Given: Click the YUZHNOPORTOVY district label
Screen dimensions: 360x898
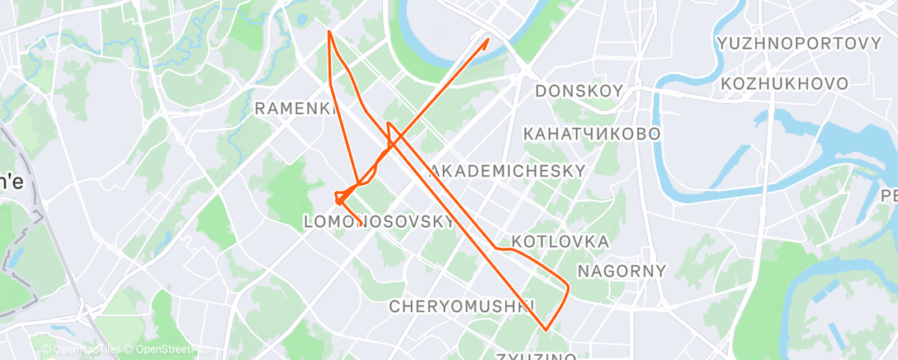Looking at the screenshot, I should click(799, 44).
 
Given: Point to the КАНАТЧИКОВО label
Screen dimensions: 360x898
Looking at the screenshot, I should click(592, 133).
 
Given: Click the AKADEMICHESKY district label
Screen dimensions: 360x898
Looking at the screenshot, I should click(508, 171).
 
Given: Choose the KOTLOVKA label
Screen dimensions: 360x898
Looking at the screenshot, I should click(560, 242).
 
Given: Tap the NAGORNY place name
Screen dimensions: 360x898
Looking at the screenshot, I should click(622, 271).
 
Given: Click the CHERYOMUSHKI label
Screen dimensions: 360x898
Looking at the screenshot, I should click(461, 306).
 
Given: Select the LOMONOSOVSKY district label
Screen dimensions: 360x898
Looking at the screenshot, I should click(380, 221).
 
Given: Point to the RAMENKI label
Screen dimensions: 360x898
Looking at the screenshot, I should click(295, 108).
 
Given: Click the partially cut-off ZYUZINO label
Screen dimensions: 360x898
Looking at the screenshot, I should click(536, 356).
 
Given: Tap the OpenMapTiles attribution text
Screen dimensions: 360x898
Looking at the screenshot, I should click(81, 350).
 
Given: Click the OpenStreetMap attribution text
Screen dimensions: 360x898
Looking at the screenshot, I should click(165, 350).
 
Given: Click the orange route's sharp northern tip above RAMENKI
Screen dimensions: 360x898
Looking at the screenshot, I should click(328, 31).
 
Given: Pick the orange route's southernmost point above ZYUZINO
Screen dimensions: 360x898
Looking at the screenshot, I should click(546, 329).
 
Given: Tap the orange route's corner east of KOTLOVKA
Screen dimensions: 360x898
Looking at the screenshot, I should click(569, 287).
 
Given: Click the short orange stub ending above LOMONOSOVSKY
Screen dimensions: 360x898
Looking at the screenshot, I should click(357, 221).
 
